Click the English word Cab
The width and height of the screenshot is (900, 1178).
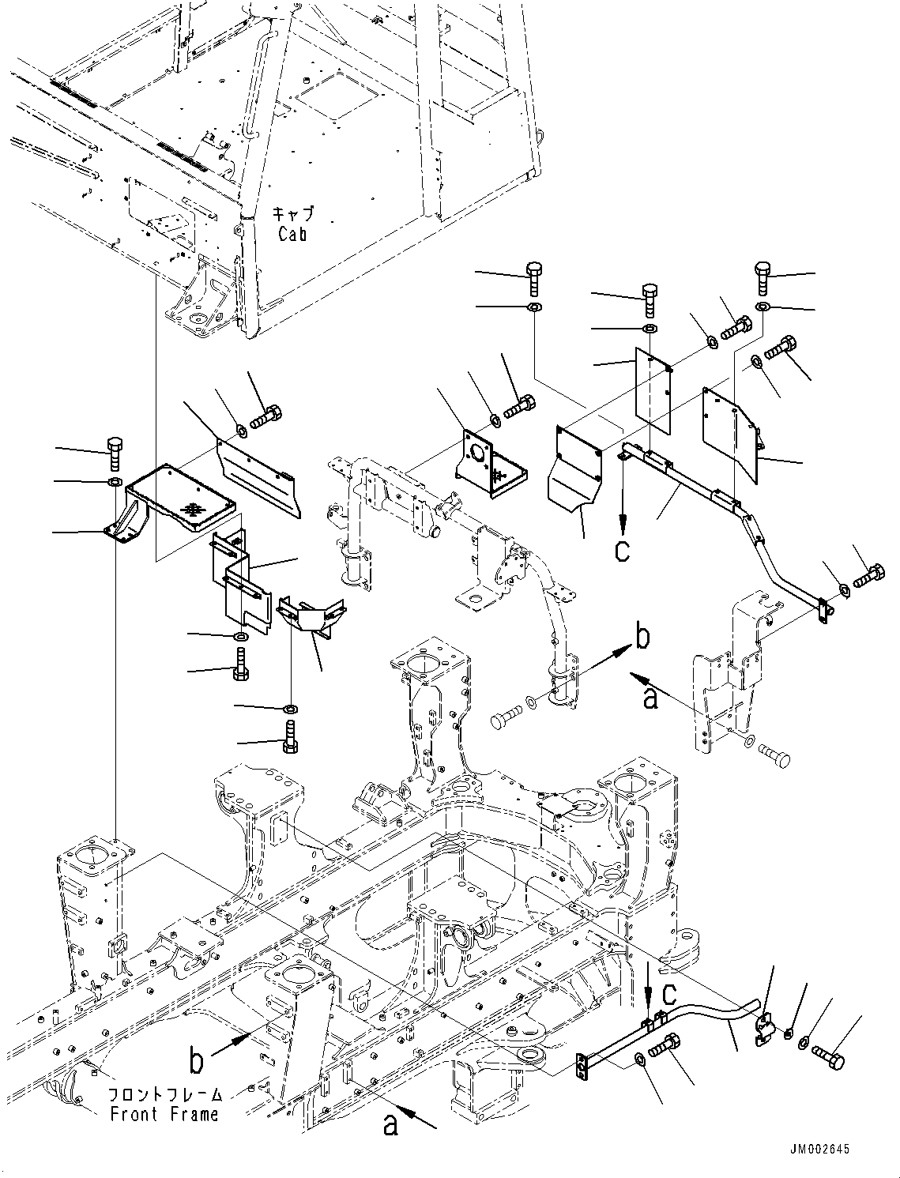pyautogui.click(x=292, y=234)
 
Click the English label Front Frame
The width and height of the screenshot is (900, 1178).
pyautogui.click(x=164, y=1114)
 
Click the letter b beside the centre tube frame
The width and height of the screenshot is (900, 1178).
pyautogui.click(x=642, y=637)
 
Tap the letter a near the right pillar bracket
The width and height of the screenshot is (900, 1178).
pyautogui.click(x=651, y=698)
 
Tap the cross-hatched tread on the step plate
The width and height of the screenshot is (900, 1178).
pyautogui.click(x=192, y=509)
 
